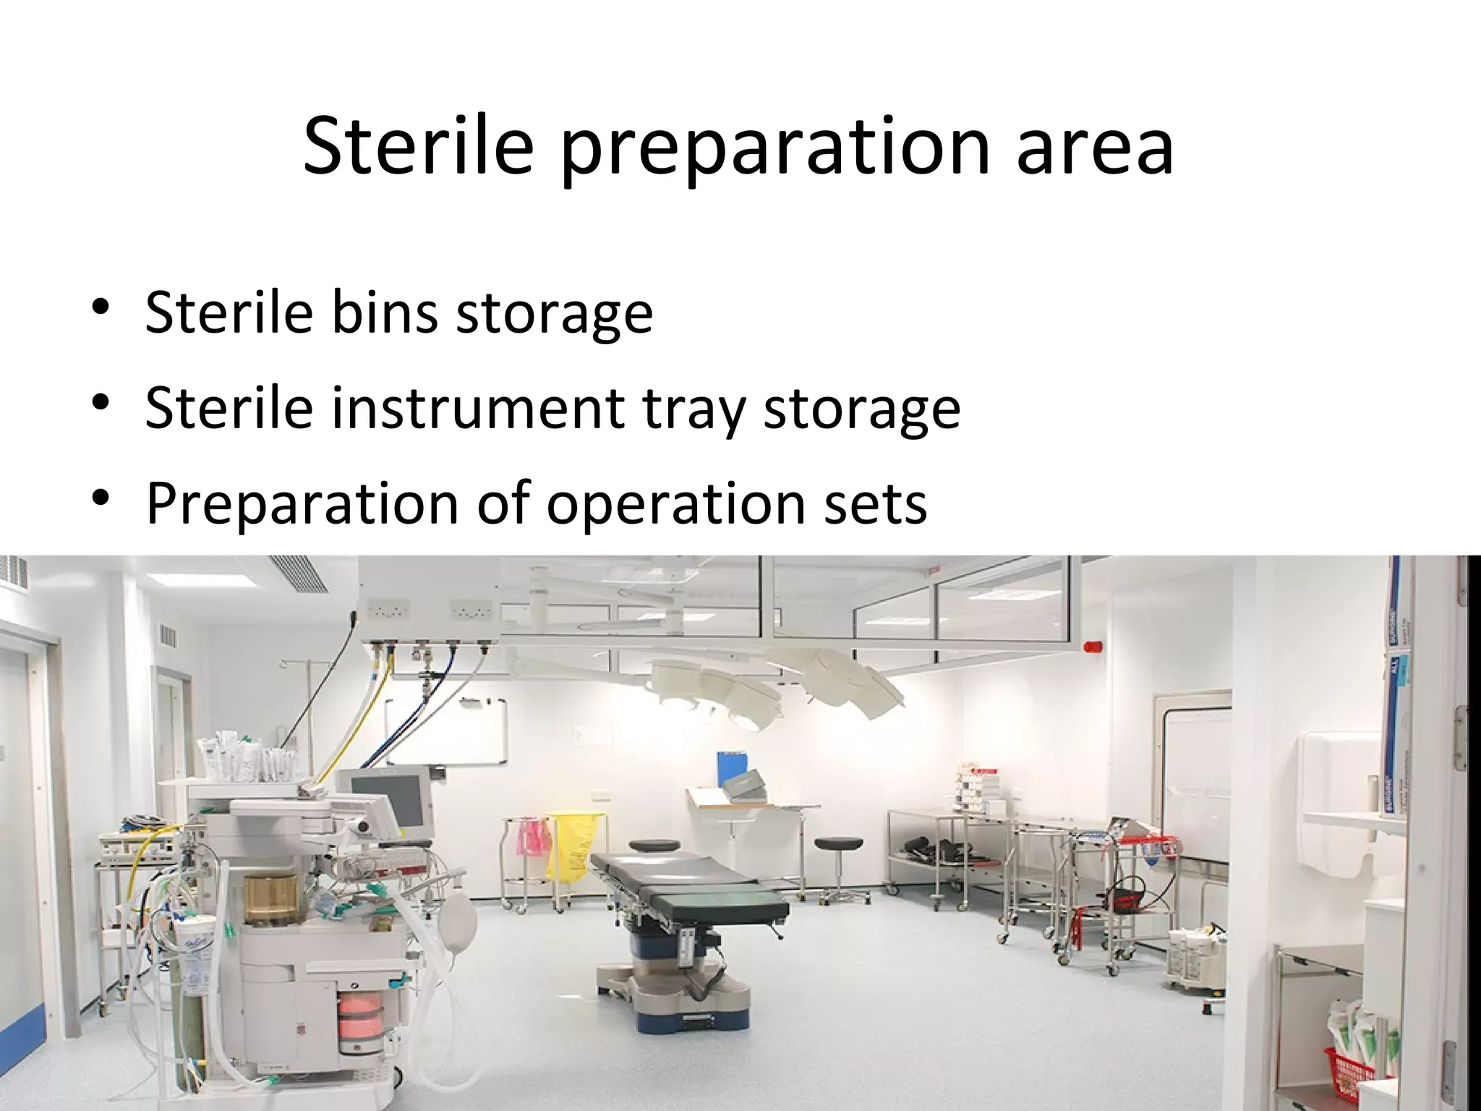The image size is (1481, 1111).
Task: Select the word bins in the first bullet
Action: coord(384,312)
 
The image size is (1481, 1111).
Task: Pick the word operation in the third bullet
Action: coord(675,504)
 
